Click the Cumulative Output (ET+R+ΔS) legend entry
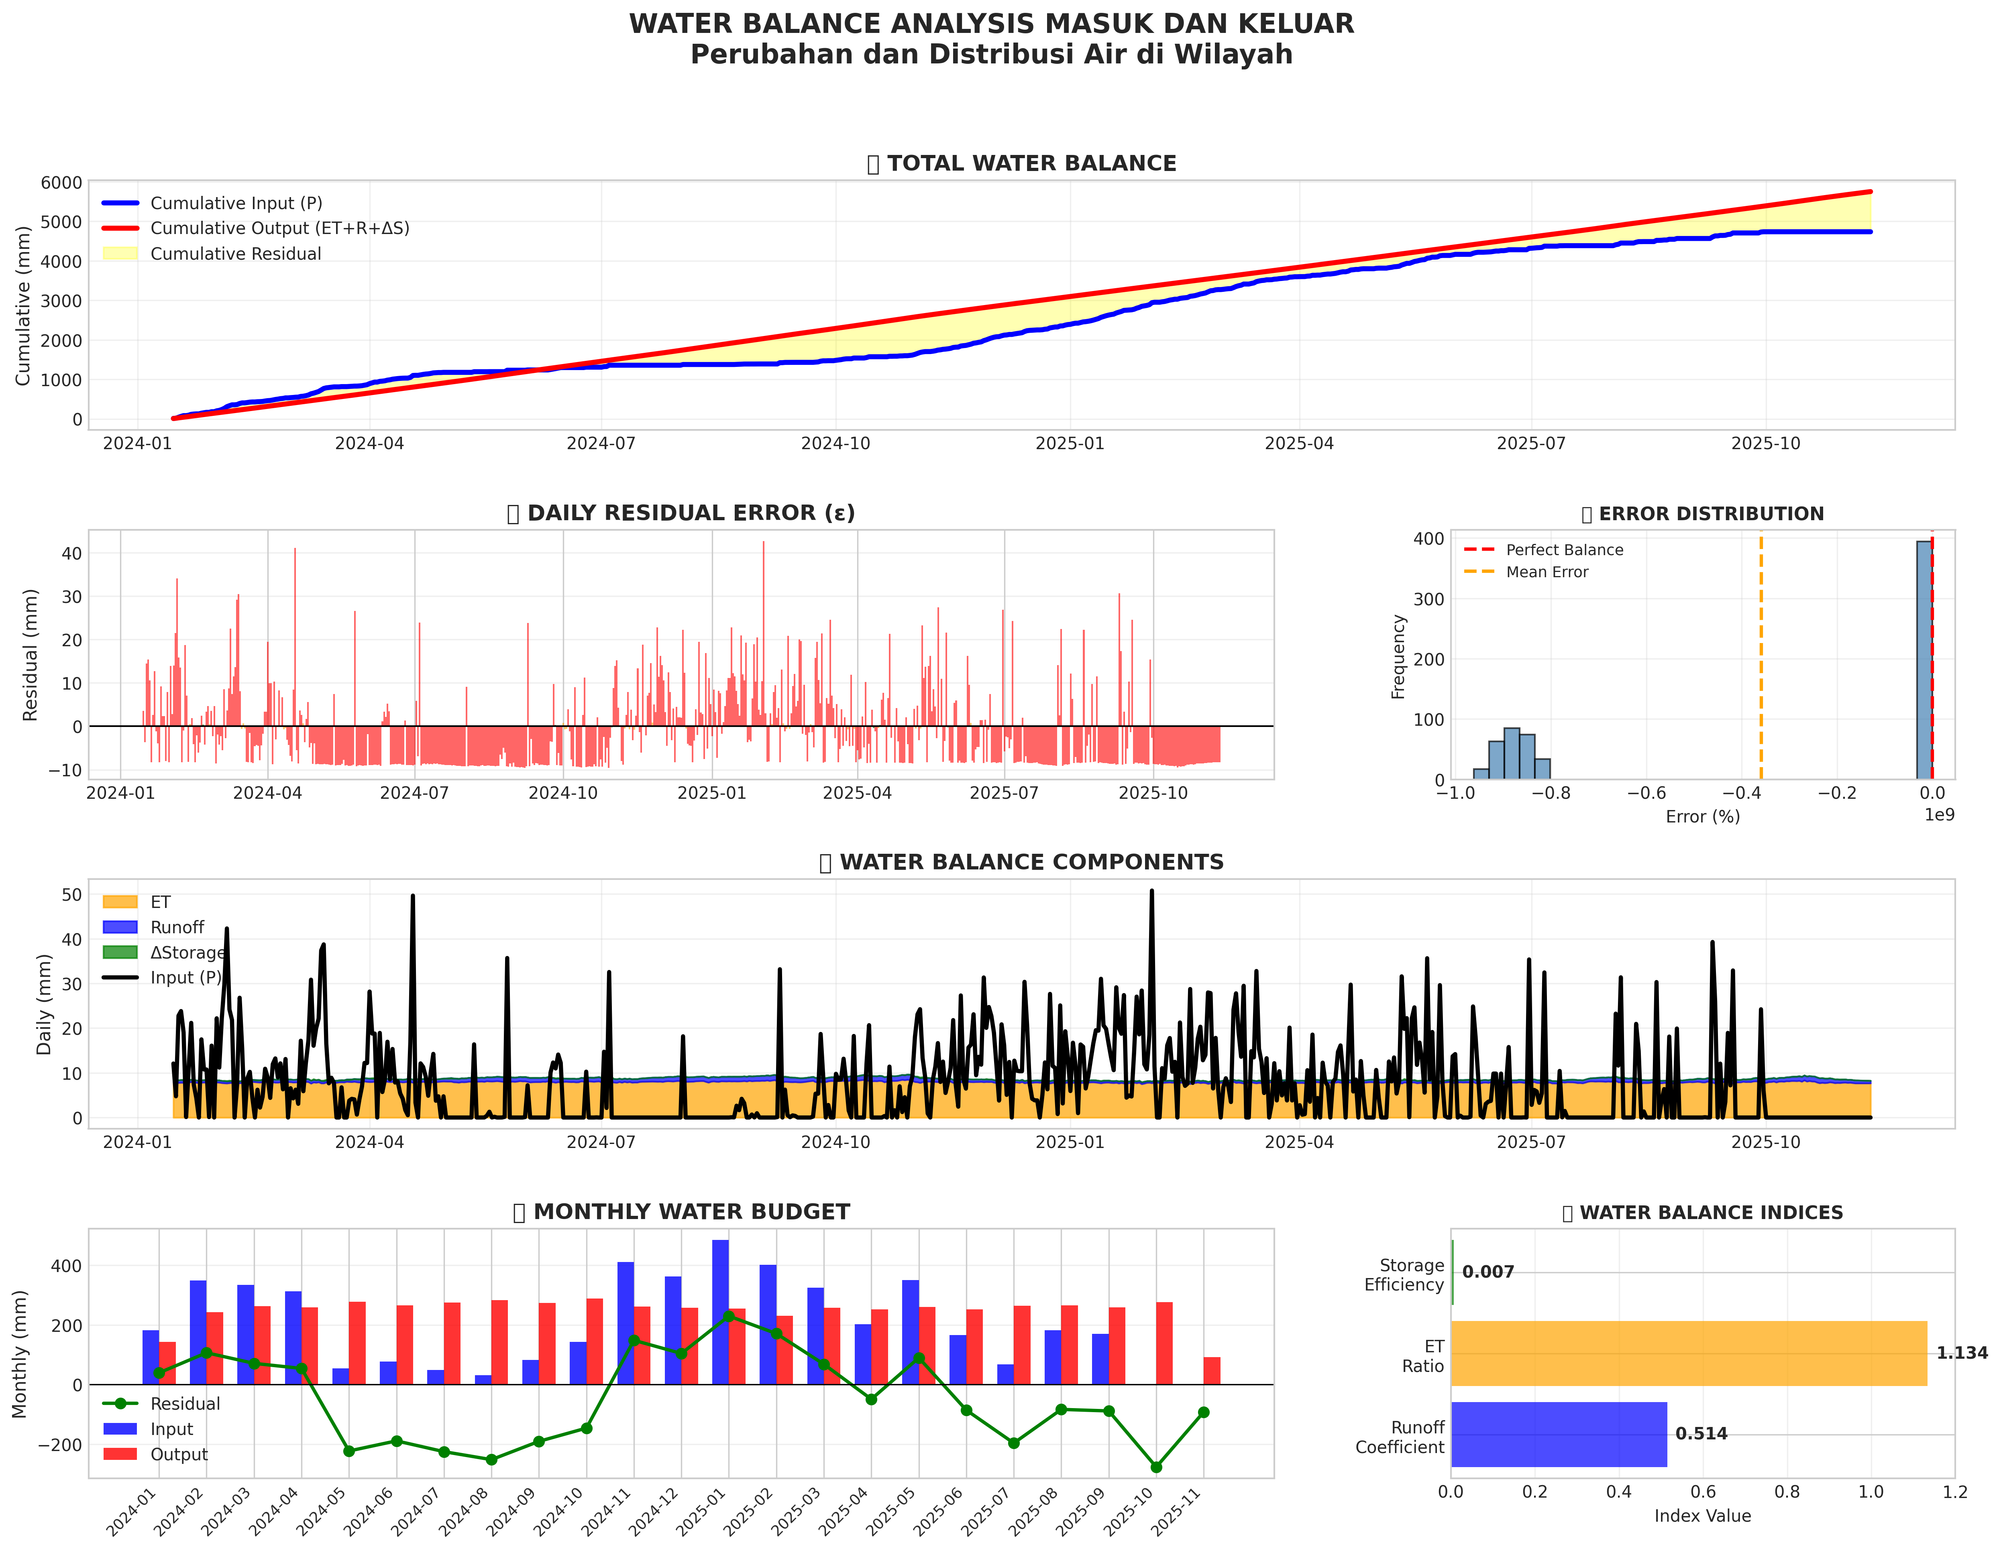(279, 228)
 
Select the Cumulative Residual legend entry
(235, 254)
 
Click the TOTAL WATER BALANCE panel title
(1031, 163)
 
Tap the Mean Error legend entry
(1547, 572)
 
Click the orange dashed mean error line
(1760, 659)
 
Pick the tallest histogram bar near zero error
(1924, 659)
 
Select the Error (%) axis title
(1702, 816)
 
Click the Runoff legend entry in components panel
(177, 927)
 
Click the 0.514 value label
(1701, 1434)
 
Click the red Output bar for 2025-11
(1211, 1370)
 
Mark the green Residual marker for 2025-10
(1156, 1467)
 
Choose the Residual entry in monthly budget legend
(185, 1404)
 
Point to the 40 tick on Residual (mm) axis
(71, 554)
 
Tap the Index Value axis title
(1702, 1516)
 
